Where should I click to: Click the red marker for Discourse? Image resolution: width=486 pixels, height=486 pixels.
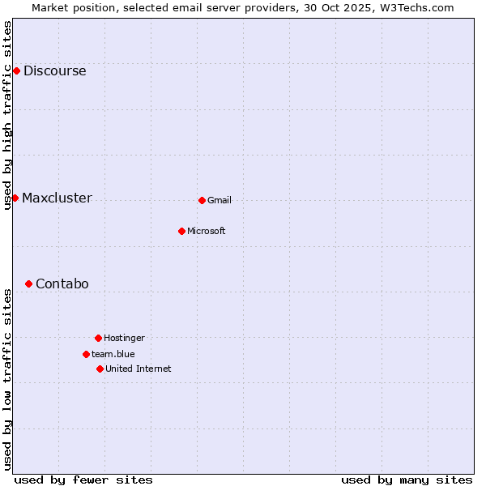pyautogui.click(x=16, y=70)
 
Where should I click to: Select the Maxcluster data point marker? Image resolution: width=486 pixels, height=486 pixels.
pyautogui.click(x=15, y=198)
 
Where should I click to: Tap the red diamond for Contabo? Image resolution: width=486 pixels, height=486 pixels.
pyautogui.click(x=28, y=283)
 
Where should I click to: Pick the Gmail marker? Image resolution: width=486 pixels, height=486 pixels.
pyautogui.click(x=202, y=200)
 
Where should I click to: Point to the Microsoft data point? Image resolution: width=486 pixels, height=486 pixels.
pyautogui.click(x=181, y=231)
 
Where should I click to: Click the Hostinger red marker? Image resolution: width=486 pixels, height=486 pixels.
pyautogui.click(x=98, y=338)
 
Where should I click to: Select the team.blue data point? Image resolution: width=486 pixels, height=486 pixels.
pyautogui.click(x=86, y=354)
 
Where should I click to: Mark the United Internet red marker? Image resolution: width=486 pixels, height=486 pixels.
pyautogui.click(x=100, y=369)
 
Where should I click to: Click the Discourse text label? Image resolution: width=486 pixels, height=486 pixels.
pyautogui.click(x=54, y=70)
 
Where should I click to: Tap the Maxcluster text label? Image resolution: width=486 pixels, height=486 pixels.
pyautogui.click(x=57, y=198)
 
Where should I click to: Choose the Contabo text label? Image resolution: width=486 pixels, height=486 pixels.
pyautogui.click(x=62, y=283)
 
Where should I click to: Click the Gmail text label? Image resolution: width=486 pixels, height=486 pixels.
pyautogui.click(x=220, y=200)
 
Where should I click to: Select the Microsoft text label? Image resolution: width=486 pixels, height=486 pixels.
pyautogui.click(x=207, y=231)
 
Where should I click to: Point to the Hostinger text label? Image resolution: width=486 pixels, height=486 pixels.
pyautogui.click(x=124, y=338)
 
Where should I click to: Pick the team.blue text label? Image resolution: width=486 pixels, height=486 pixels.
pyautogui.click(x=113, y=354)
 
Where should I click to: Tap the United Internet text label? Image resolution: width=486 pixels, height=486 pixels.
pyautogui.click(x=139, y=369)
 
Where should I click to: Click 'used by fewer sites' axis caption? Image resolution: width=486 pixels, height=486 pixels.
pyautogui.click(x=83, y=480)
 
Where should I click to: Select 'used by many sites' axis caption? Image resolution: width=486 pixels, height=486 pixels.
pyautogui.click(x=407, y=480)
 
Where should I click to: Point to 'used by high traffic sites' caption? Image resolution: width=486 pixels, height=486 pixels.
pyautogui.click(x=7, y=115)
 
